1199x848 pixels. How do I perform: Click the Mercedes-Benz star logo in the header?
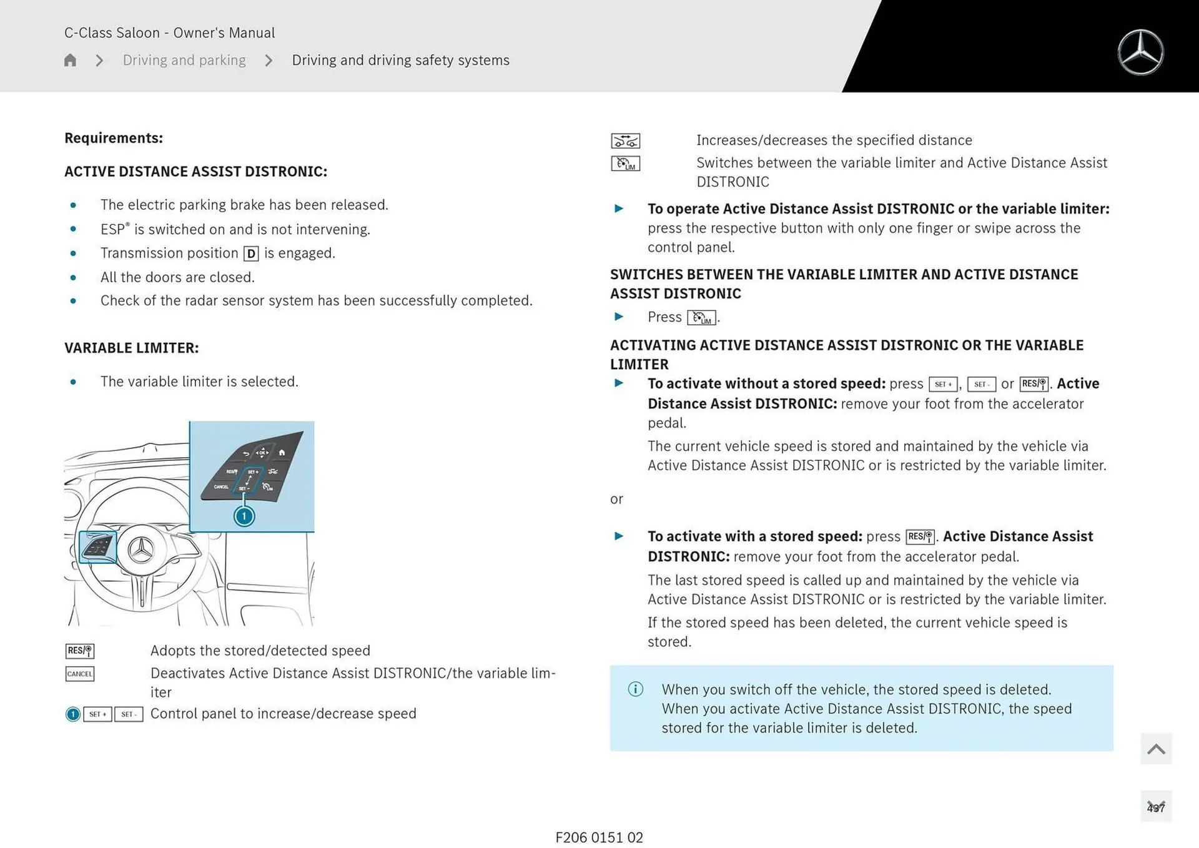click(x=1140, y=52)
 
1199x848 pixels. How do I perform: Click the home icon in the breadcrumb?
click(x=70, y=60)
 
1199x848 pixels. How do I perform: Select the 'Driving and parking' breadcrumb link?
click(x=184, y=60)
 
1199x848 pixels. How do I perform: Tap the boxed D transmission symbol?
click(x=251, y=254)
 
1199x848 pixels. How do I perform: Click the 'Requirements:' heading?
click(x=114, y=138)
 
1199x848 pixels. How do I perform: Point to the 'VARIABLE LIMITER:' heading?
click(x=131, y=348)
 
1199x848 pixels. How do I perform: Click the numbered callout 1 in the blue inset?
click(x=244, y=516)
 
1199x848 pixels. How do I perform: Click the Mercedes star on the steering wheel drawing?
click(x=141, y=550)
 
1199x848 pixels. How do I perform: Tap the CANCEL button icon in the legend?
click(x=80, y=674)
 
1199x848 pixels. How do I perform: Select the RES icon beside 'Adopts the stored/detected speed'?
click(x=80, y=651)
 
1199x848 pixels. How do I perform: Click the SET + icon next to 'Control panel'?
click(x=97, y=714)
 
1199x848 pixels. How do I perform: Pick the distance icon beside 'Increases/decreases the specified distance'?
click(x=625, y=141)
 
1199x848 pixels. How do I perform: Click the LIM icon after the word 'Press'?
click(x=701, y=318)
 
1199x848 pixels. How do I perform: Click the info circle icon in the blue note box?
click(x=635, y=689)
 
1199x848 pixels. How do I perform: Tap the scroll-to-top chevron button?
click(x=1155, y=749)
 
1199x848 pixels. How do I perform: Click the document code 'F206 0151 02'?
click(x=599, y=837)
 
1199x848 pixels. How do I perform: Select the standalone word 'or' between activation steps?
click(x=616, y=499)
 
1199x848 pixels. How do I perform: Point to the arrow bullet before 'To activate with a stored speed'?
click(x=619, y=536)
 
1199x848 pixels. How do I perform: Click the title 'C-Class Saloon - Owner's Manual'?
click(x=169, y=32)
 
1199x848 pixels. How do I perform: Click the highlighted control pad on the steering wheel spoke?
click(x=98, y=547)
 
